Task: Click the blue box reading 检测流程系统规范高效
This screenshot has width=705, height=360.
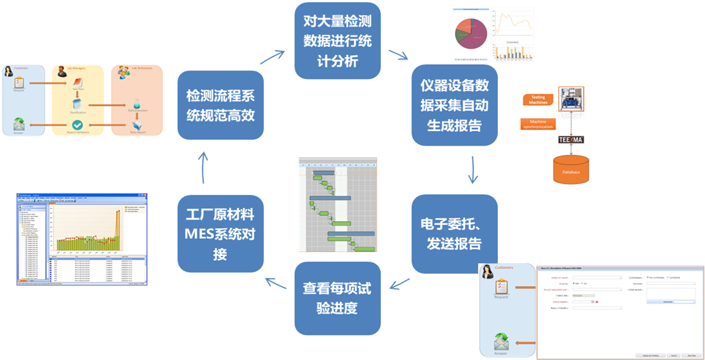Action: pos(220,105)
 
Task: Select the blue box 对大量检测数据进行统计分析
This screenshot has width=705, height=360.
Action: pos(337,41)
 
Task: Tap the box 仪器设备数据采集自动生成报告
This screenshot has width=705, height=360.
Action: pos(454,105)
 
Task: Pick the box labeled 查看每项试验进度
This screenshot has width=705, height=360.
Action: pos(337,298)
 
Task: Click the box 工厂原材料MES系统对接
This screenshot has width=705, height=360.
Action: pos(220,234)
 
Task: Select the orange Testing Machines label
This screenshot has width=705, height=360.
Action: pos(537,100)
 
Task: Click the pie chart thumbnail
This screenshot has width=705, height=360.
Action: pos(470,36)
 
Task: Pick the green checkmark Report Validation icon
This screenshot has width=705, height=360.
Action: pos(77,126)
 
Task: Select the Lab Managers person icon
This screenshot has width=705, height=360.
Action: pos(62,72)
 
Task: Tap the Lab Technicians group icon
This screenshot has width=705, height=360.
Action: pos(124,74)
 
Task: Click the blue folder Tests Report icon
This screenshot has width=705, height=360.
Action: pos(136,125)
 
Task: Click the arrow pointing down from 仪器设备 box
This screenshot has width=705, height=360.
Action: pos(473,170)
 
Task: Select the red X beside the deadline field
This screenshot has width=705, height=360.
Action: pos(598,302)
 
